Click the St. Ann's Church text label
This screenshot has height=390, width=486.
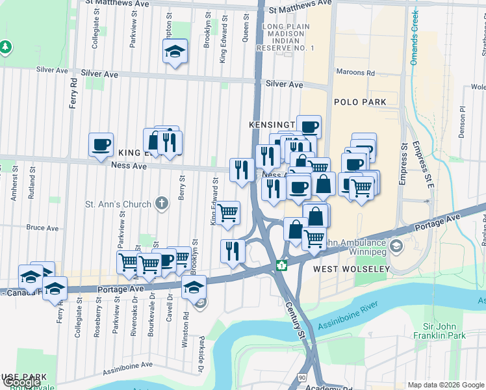pyautogui.click(x=119, y=205)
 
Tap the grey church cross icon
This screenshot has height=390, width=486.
pyautogui.click(x=162, y=204)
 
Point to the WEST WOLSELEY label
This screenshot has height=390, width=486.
pyautogui.click(x=351, y=268)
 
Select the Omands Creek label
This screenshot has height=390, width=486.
pyautogui.click(x=414, y=40)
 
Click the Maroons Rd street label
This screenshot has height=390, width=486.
pyautogui.click(x=355, y=72)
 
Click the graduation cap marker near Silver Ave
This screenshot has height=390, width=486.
pyautogui.click(x=175, y=52)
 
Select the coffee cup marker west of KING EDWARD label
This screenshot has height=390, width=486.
pyautogui.click(x=101, y=145)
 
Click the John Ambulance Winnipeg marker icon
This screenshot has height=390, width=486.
pyautogui.click(x=396, y=247)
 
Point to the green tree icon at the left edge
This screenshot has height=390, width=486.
pyautogui.click(x=5, y=47)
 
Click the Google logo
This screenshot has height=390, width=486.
pyautogui.click(x=21, y=382)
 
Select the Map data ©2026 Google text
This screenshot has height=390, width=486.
pyautogui.click(x=446, y=385)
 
